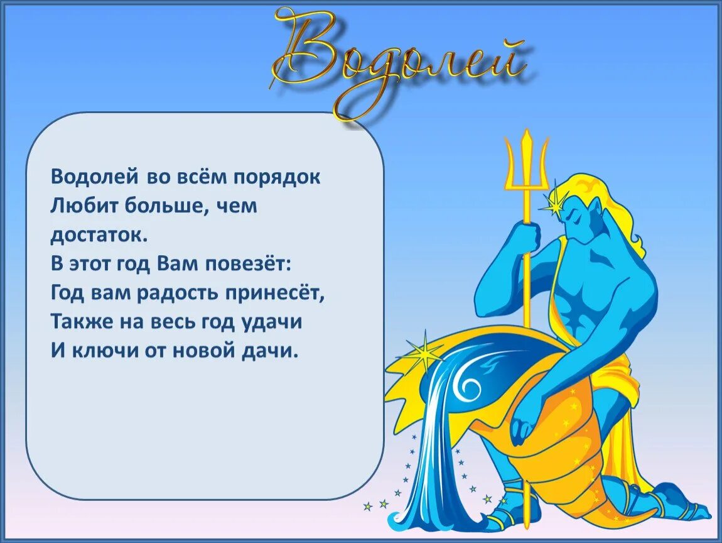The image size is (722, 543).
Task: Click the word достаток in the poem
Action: coord(100,235)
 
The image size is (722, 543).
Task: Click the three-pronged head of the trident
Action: coord(527,160)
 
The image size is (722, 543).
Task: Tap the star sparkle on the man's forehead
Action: coord(556,202)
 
